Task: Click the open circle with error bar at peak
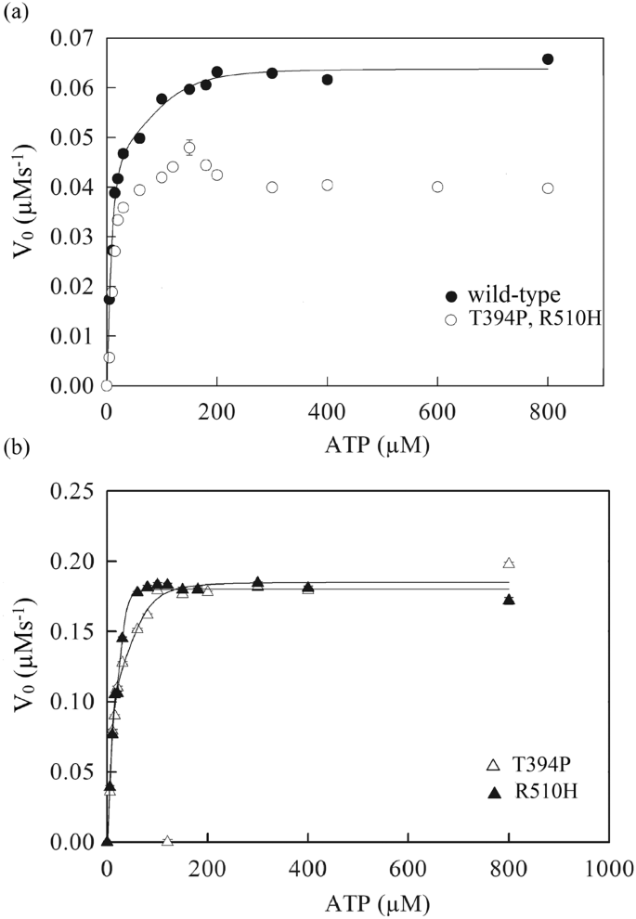click(x=189, y=148)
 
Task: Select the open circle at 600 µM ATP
click(x=437, y=187)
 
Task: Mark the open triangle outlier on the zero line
click(x=167, y=841)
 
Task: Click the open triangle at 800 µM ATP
click(x=509, y=563)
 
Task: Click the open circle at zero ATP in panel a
click(x=107, y=385)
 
